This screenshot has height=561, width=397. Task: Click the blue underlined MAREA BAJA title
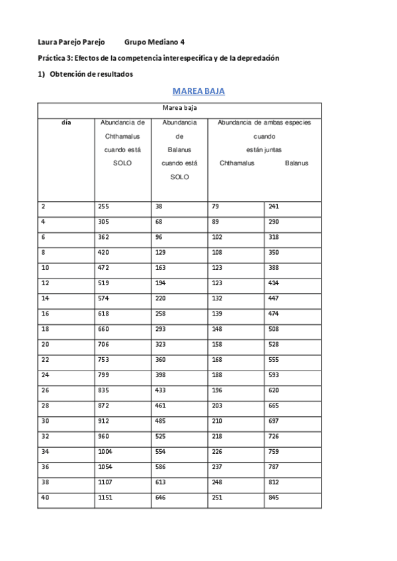click(x=198, y=91)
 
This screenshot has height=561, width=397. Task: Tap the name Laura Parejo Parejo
click(x=71, y=42)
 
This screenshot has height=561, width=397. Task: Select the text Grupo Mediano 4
click(x=154, y=42)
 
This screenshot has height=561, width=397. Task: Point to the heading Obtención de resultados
click(x=91, y=74)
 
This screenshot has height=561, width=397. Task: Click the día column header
click(x=66, y=122)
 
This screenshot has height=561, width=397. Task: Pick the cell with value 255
click(x=105, y=206)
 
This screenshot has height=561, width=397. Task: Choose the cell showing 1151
click(x=107, y=496)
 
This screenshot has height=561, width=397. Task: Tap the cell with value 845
click(x=274, y=496)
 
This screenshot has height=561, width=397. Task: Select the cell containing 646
click(x=162, y=496)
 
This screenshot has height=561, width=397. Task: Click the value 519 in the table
click(x=105, y=282)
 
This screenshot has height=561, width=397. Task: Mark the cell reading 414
click(x=274, y=282)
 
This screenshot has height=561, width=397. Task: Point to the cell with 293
click(x=162, y=329)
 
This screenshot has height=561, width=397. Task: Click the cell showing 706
click(x=105, y=344)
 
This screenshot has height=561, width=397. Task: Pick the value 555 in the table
click(x=274, y=359)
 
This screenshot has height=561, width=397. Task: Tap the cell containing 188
click(x=217, y=374)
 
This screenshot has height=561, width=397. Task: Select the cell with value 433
click(x=162, y=390)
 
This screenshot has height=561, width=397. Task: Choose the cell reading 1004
click(x=107, y=451)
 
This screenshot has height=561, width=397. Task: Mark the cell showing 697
click(x=274, y=420)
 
